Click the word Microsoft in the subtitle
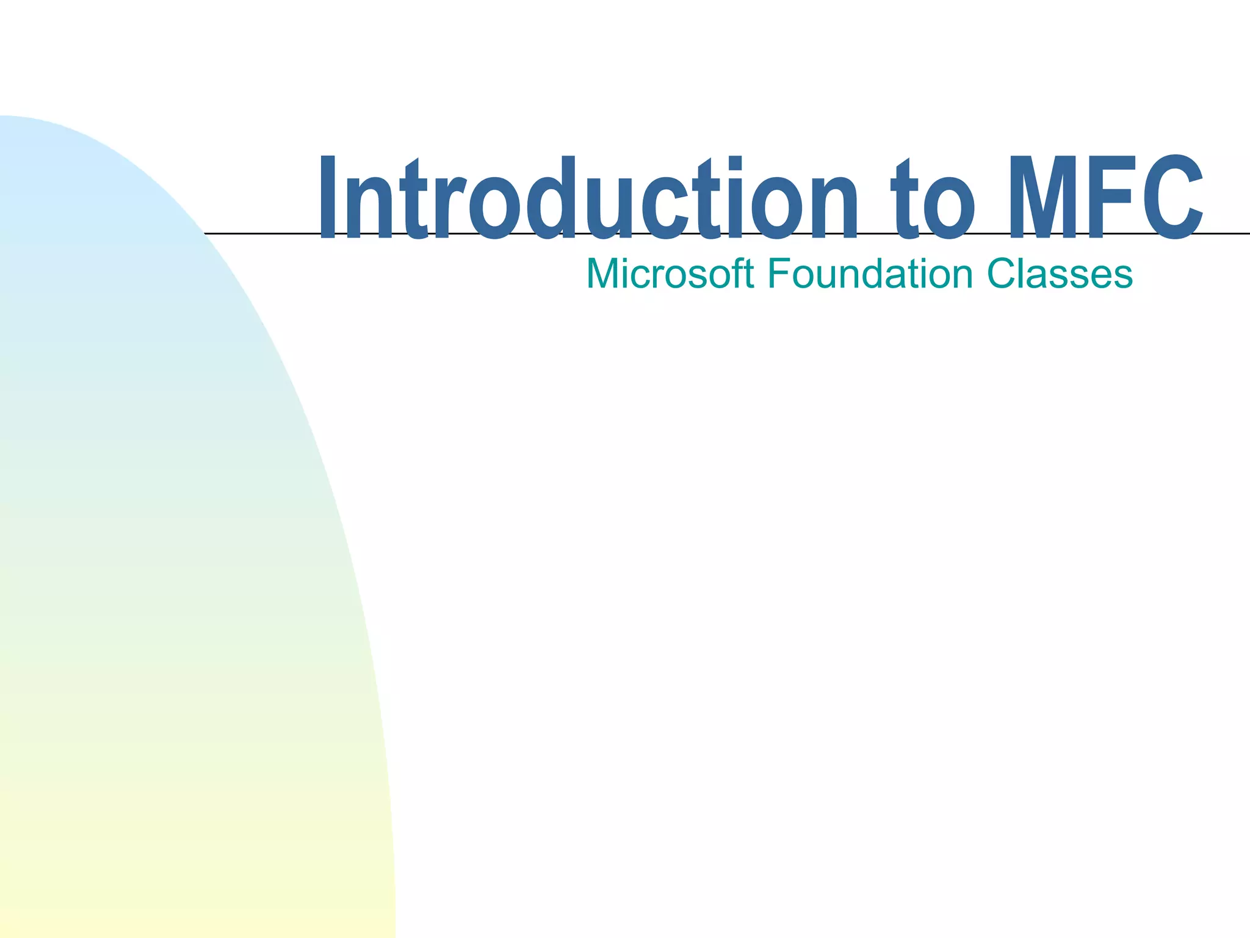[670, 274]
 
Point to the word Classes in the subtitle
[1060, 274]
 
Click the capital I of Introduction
[328, 197]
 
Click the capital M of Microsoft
[603, 274]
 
